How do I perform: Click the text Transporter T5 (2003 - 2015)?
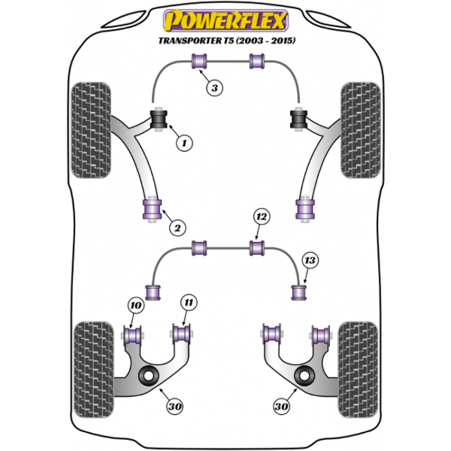click(226, 41)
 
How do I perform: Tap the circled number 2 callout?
click(177, 227)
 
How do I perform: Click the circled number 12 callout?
click(260, 218)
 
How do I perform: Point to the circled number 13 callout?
click(310, 261)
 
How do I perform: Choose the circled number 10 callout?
click(135, 306)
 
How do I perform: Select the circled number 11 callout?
click(188, 304)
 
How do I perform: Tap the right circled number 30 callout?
click(281, 407)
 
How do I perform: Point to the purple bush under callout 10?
click(136, 334)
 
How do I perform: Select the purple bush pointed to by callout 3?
click(201, 62)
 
